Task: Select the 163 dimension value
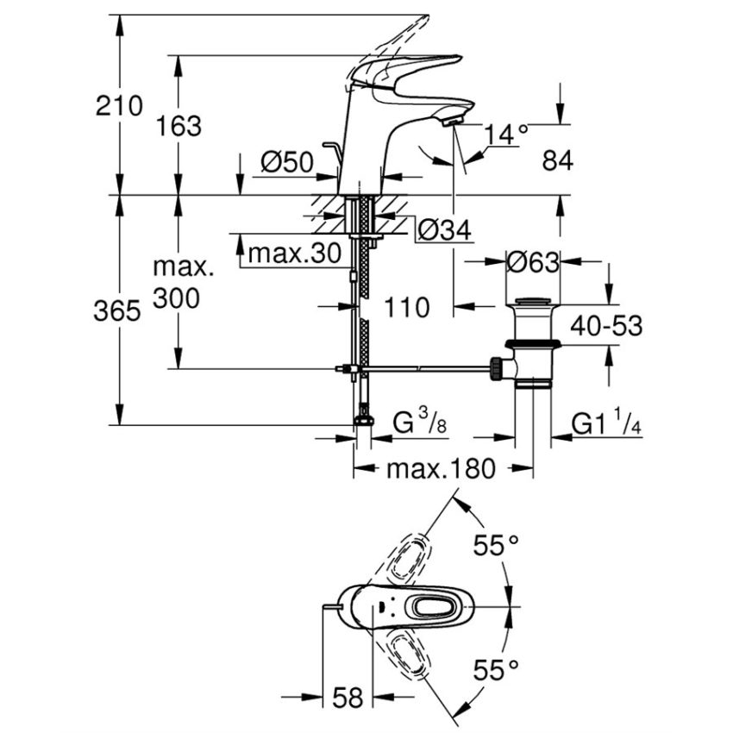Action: pyautogui.click(x=179, y=126)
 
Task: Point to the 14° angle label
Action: pyautogui.click(x=505, y=135)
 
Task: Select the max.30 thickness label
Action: pyautogui.click(x=289, y=254)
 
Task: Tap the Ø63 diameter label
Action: pyautogui.click(x=533, y=262)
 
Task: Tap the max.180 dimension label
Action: pyautogui.click(x=441, y=469)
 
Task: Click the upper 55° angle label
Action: pyautogui.click(x=498, y=546)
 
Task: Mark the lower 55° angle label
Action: pyautogui.click(x=498, y=669)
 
